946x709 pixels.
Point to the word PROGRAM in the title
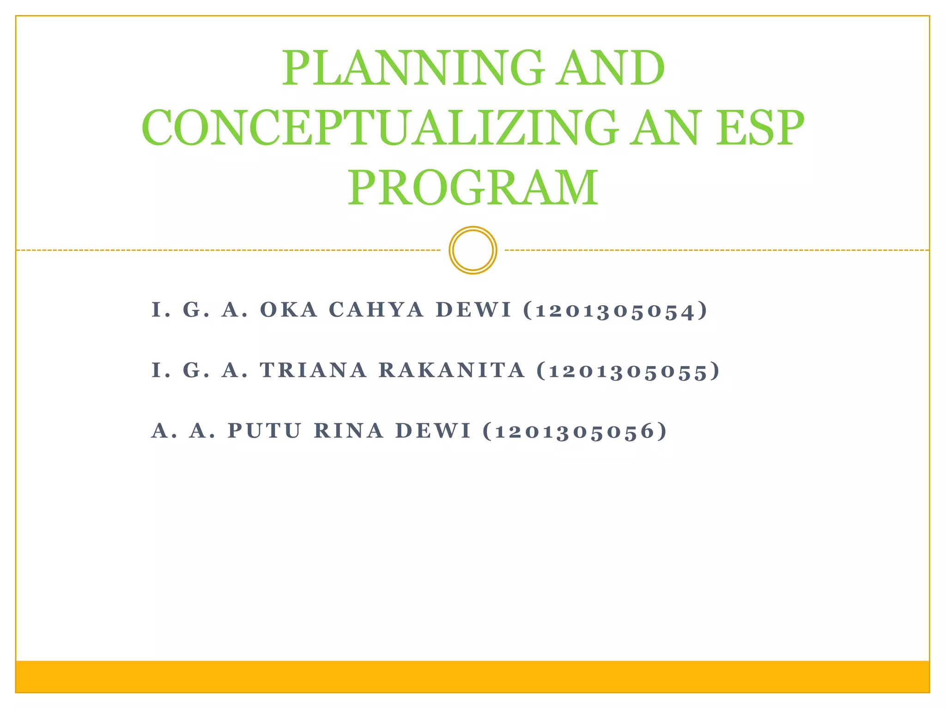tap(473, 188)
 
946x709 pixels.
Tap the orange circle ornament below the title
tap(473, 250)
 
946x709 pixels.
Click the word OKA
tap(289, 310)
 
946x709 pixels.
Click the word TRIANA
tap(313, 370)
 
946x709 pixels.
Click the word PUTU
tap(265, 431)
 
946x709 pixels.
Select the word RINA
tap(349, 431)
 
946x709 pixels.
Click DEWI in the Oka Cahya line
tap(474, 310)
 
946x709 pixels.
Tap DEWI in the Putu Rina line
tap(433, 431)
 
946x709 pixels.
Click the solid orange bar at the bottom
tap(473, 677)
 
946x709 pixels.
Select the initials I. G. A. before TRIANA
tap(200, 370)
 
